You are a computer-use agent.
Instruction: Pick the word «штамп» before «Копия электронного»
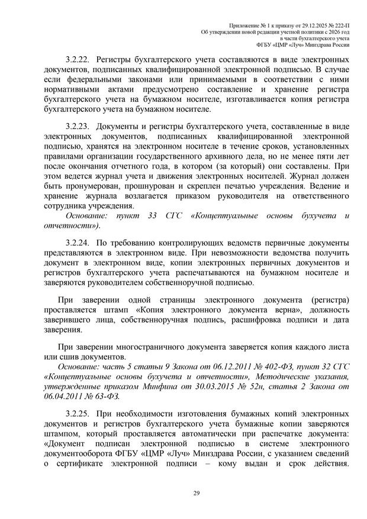(111, 311)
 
